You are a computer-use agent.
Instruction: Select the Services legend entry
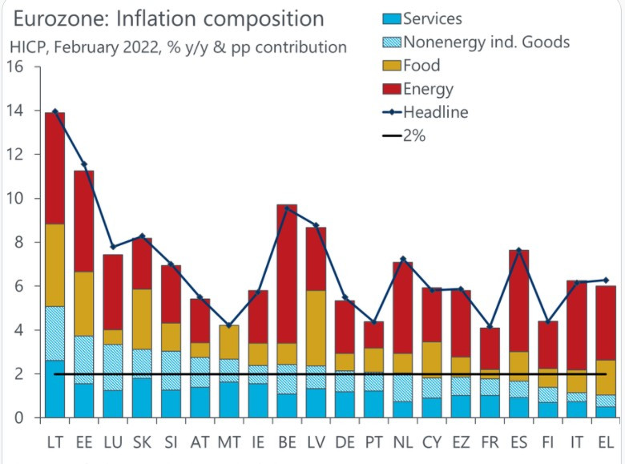coord(432,18)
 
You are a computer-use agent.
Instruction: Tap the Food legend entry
coord(421,66)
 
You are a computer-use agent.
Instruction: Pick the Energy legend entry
coord(428,89)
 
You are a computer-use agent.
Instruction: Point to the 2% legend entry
coord(413,136)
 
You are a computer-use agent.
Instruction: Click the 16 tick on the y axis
coord(15,67)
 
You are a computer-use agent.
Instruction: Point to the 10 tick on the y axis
coord(15,199)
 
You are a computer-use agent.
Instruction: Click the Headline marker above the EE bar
coord(85,164)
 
